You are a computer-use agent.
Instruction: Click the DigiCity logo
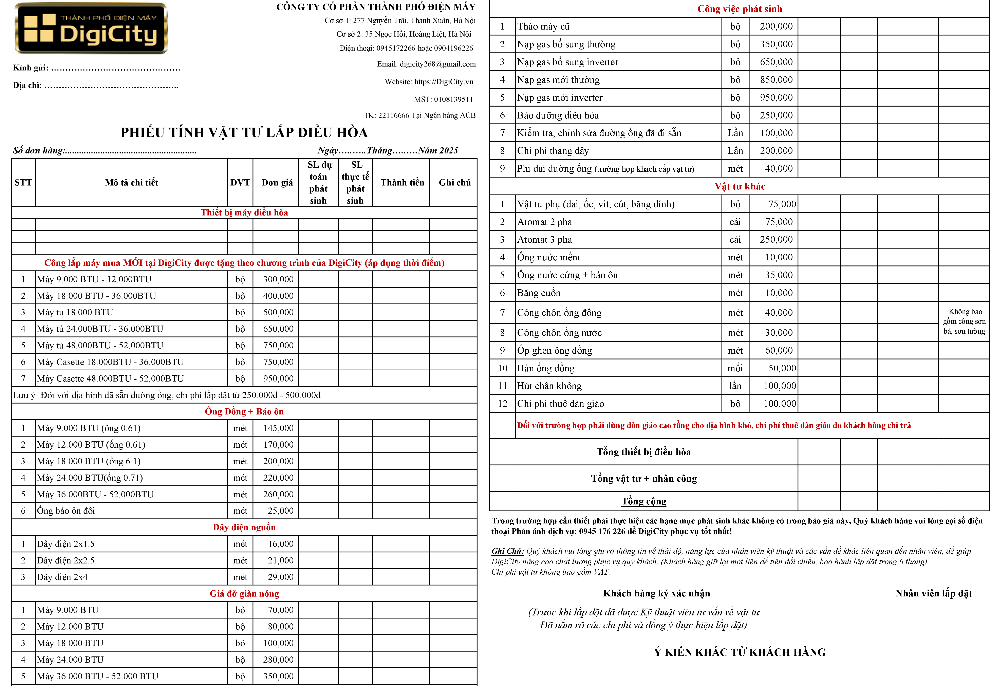[x=91, y=28]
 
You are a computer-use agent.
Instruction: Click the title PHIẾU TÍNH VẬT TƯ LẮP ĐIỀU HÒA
[x=244, y=132]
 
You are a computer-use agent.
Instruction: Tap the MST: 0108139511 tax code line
[x=443, y=99]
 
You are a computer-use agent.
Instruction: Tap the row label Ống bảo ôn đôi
[x=66, y=511]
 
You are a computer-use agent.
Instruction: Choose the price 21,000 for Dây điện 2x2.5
[x=281, y=560]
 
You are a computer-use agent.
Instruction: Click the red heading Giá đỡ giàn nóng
[x=244, y=594]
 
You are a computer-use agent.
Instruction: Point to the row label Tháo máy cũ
[x=544, y=27]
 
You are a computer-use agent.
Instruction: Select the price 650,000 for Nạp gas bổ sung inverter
[x=776, y=62]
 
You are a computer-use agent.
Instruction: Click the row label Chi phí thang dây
[x=553, y=151]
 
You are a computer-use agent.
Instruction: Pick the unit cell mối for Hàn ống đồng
[x=735, y=368]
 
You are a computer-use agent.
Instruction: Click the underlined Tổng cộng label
[x=644, y=501]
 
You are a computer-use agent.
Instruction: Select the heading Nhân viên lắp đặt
[x=933, y=594]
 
